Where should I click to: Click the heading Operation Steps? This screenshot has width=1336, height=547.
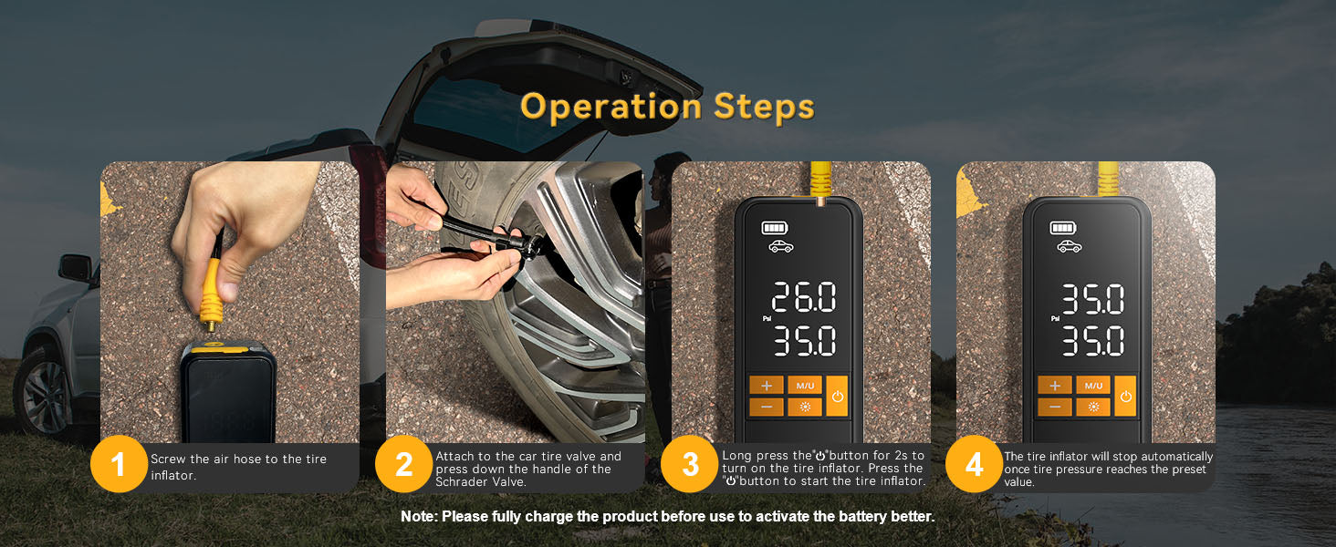pos(667,106)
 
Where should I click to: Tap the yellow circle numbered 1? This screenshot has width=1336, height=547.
pos(118,465)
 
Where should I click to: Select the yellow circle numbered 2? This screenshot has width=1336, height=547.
pos(403,465)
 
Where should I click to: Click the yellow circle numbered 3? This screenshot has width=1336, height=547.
pos(690,465)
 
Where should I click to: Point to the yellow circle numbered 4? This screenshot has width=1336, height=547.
pos(974,465)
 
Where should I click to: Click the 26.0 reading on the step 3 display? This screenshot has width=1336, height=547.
pos(803,298)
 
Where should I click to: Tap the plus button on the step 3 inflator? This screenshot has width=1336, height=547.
pos(767,386)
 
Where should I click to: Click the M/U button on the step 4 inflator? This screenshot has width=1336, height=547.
pos(1093,386)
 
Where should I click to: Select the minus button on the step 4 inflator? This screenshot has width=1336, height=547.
pos(1054,407)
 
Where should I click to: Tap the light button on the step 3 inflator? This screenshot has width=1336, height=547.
pos(805,407)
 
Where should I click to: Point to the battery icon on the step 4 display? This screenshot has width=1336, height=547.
pos(1061,228)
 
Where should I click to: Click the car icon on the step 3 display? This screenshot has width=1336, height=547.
pos(780,246)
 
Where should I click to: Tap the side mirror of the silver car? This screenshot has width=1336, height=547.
pos(75,268)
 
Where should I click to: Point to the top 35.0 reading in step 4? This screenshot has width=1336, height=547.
pos(1091,299)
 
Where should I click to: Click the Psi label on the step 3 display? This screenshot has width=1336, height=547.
pos(767,319)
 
